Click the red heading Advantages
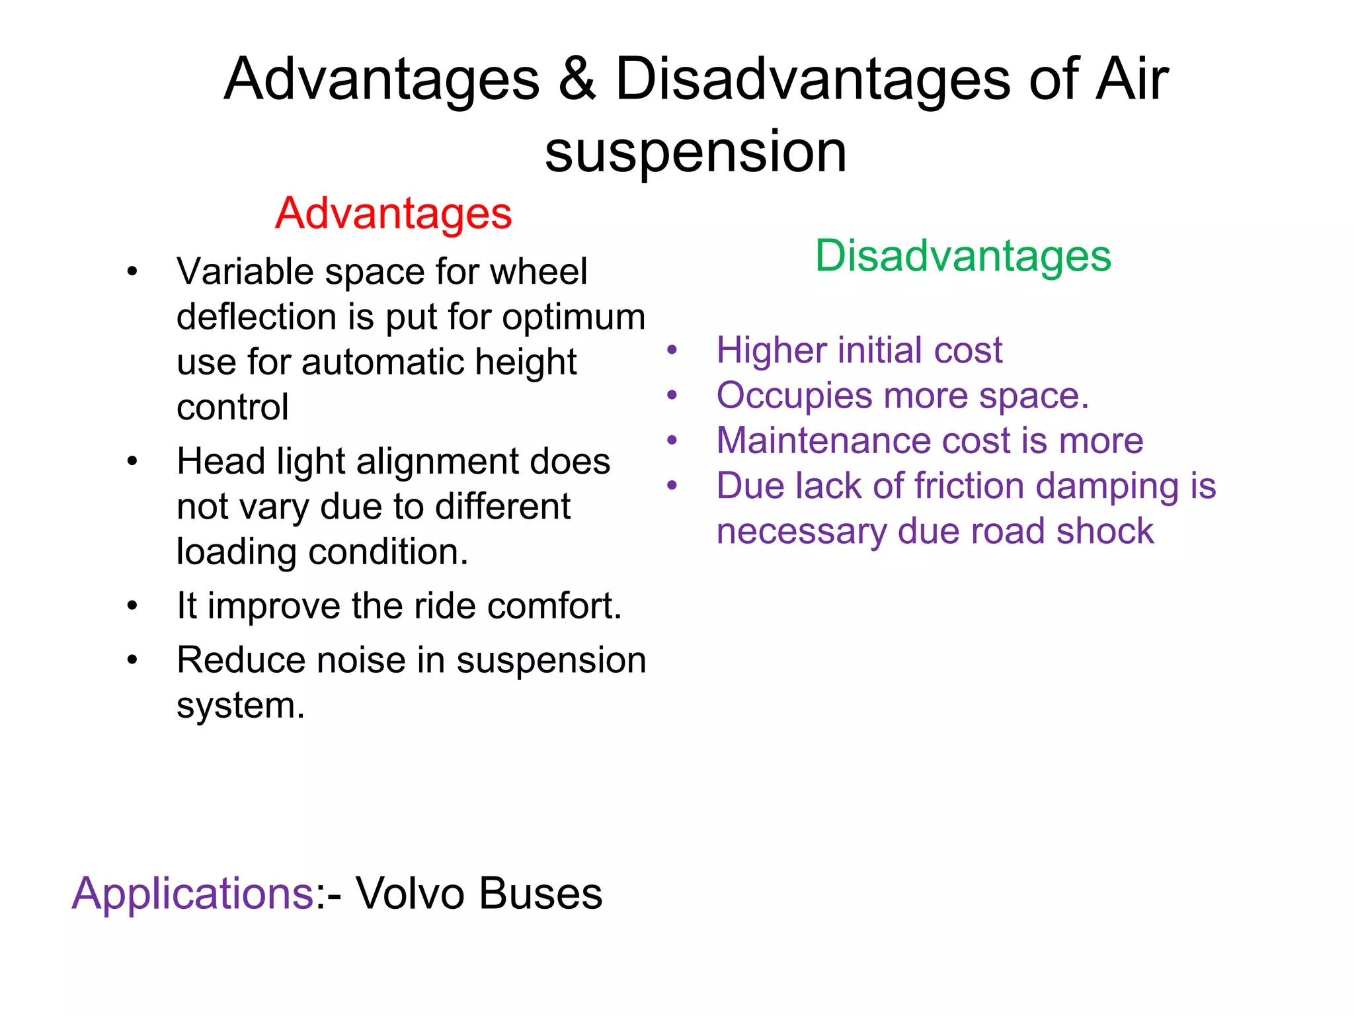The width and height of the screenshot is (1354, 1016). (393, 214)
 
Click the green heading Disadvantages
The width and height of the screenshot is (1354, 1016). (963, 256)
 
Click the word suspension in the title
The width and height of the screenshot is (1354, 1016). (696, 152)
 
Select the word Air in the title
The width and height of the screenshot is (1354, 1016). (1132, 79)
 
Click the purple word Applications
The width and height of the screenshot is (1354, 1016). (192, 894)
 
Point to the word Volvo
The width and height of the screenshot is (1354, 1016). (410, 894)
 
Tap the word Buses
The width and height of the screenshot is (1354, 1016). (540, 894)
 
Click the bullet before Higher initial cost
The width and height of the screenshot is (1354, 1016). (672, 350)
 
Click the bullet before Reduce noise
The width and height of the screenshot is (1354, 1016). (132, 659)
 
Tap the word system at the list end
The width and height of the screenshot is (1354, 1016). (240, 706)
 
